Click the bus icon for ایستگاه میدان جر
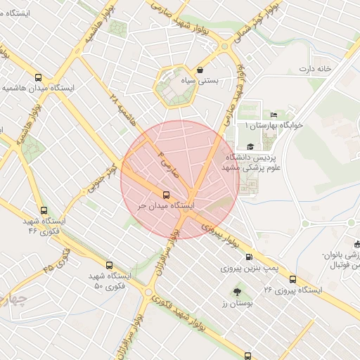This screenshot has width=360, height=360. point(166,195)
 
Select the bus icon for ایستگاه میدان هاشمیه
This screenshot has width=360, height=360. point(38,77)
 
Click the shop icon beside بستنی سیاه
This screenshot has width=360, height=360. point(202,70)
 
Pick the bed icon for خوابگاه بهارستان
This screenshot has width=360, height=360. point(274,115)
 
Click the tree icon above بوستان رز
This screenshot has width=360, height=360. point(236,290)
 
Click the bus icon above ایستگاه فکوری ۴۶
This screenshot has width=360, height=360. point(44,210)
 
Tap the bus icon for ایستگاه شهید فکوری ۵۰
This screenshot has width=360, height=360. point(109,265)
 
